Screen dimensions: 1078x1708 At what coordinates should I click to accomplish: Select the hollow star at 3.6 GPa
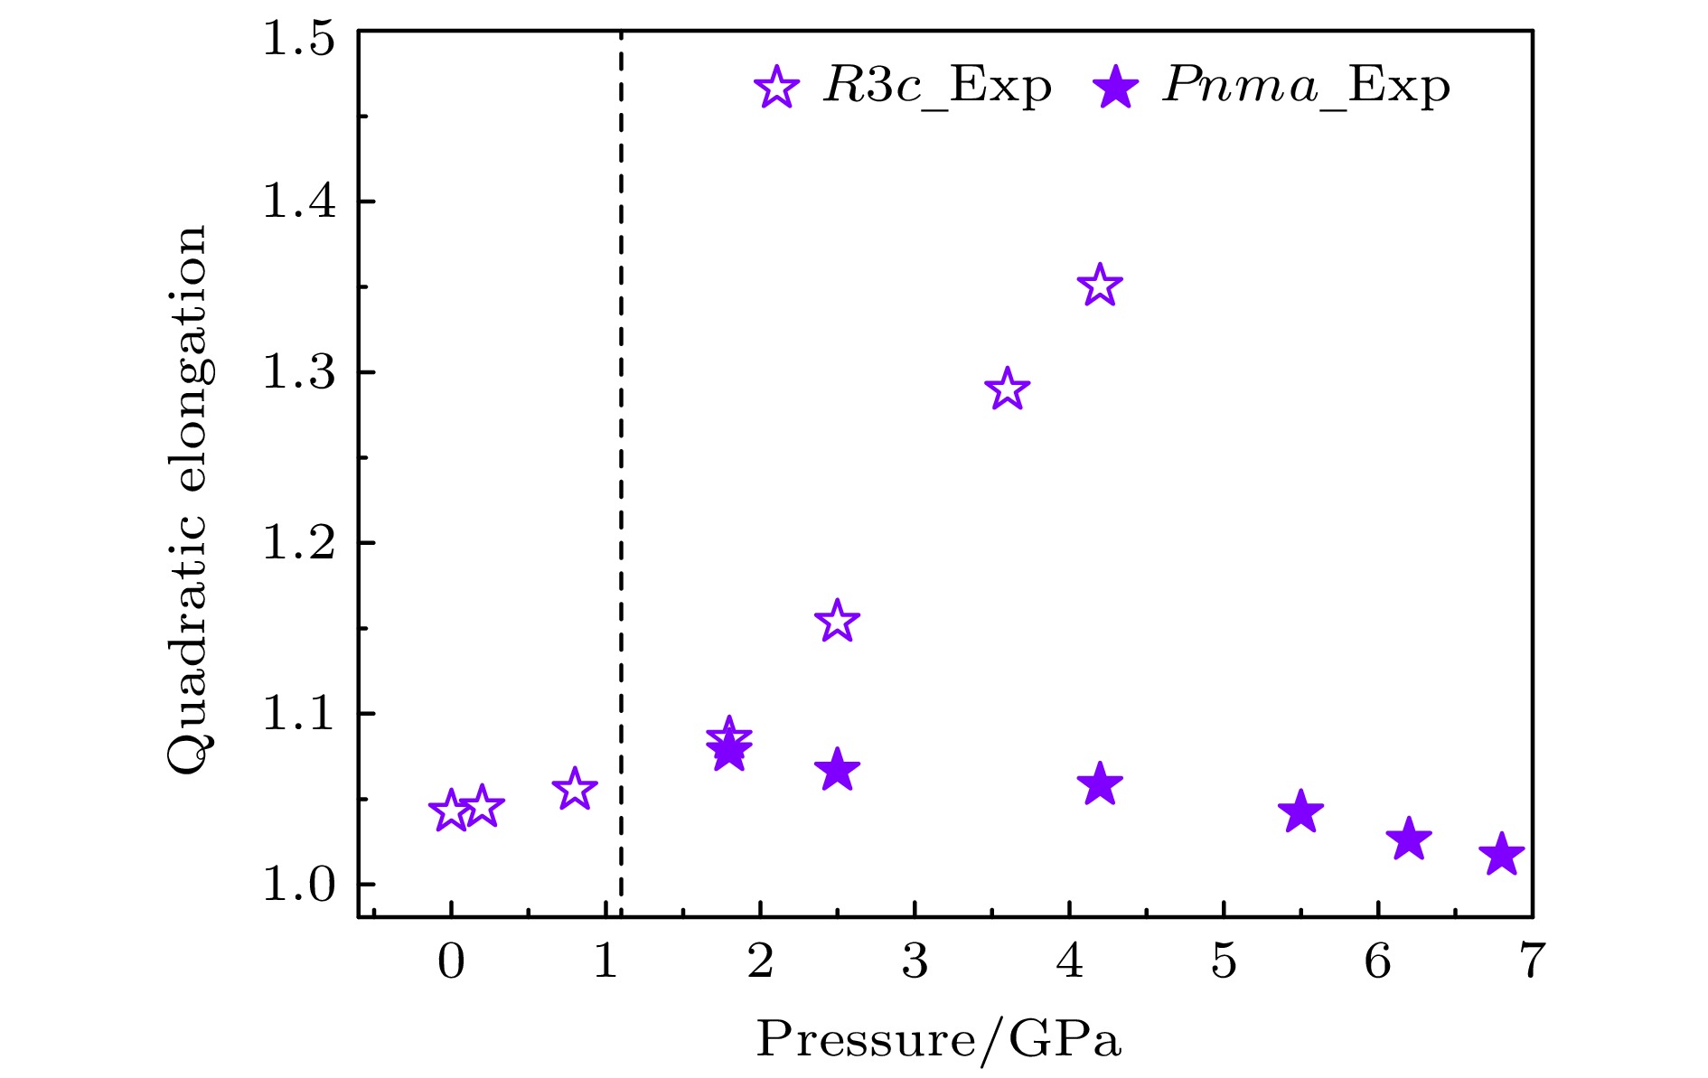(x=1007, y=390)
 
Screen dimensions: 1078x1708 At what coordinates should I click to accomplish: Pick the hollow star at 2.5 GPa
(x=837, y=621)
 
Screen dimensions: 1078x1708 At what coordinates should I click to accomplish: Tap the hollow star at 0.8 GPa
(x=574, y=790)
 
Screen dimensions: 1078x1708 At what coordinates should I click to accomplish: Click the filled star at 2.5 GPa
(x=837, y=771)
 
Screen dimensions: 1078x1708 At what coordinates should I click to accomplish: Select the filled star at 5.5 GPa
(x=1300, y=811)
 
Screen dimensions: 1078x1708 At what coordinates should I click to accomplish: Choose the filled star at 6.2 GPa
(x=1409, y=839)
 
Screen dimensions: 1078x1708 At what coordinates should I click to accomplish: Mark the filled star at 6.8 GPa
(x=1501, y=855)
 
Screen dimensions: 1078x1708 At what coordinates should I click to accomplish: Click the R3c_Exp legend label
(x=938, y=87)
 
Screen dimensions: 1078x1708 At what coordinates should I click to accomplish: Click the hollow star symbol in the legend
(x=777, y=88)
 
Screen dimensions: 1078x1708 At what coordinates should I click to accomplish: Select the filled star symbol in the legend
(x=1116, y=88)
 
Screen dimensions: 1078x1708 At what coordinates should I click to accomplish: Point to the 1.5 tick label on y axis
(x=299, y=40)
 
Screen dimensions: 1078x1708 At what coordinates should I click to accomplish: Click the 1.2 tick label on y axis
(x=299, y=543)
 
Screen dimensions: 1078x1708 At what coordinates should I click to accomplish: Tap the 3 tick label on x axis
(x=915, y=961)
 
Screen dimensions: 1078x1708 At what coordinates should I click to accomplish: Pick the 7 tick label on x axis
(x=1531, y=961)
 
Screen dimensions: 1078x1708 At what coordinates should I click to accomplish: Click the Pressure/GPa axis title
(x=938, y=1040)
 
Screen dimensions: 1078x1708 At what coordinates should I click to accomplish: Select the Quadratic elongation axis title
(x=189, y=500)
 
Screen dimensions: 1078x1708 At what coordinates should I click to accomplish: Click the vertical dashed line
(x=621, y=452)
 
